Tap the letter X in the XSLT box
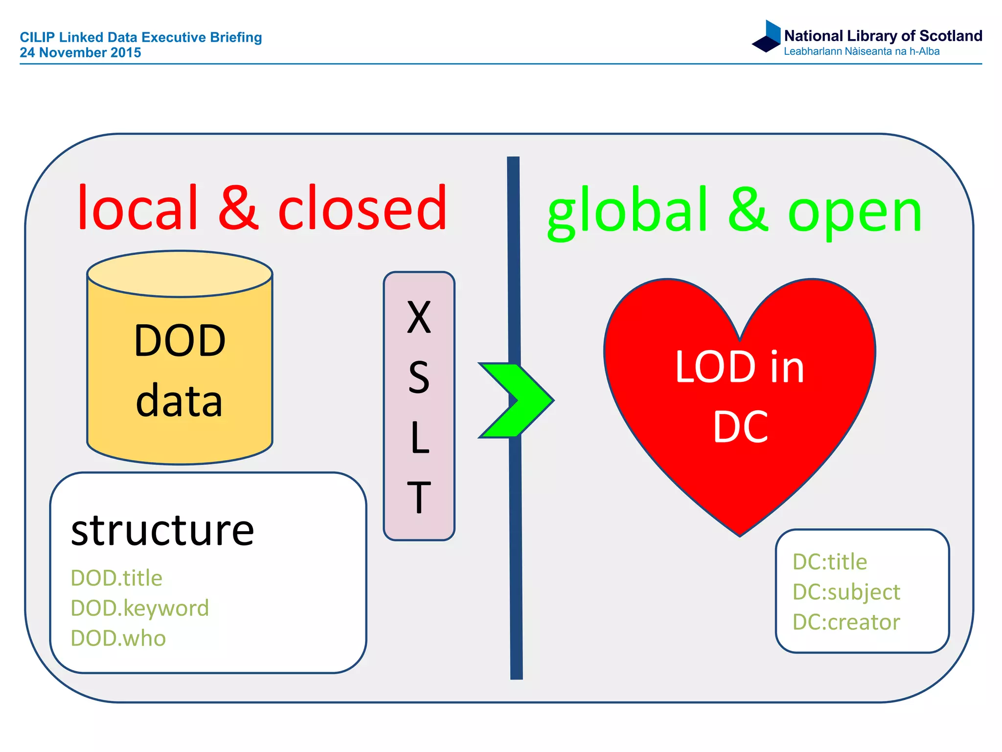click(419, 317)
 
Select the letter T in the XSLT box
click(419, 497)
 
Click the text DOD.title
click(116, 578)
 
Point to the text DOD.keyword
click(140, 609)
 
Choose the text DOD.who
click(118, 638)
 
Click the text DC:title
click(830, 562)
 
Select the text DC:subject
click(846, 592)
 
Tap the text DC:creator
click(846, 622)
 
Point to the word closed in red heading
click(363, 208)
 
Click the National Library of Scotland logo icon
click(767, 36)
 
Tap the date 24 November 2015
click(80, 52)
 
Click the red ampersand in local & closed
click(238, 208)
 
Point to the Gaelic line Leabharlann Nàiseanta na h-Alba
click(861, 51)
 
